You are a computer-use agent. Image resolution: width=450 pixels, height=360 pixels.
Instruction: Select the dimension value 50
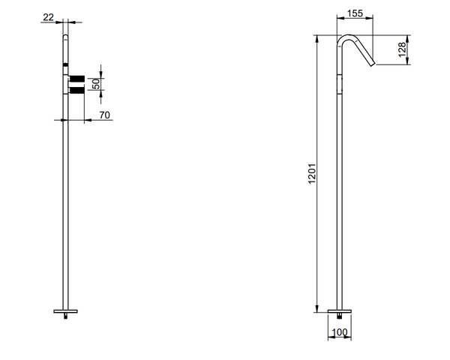click(96, 83)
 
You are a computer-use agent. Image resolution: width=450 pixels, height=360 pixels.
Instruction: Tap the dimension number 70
click(105, 115)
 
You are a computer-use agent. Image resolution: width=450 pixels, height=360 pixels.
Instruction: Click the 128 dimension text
click(402, 51)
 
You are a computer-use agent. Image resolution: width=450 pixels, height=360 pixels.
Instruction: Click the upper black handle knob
click(77, 76)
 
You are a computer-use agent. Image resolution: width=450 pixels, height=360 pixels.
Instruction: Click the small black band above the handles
click(65, 67)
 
